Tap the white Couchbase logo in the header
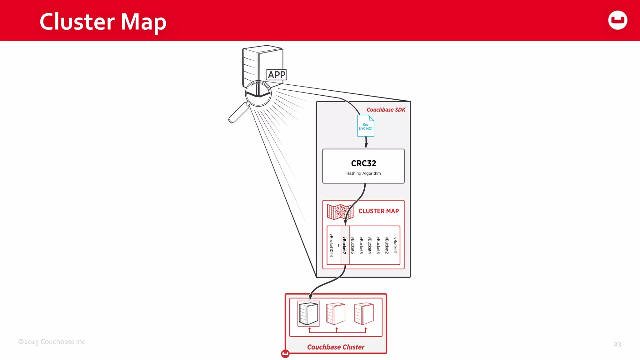617,20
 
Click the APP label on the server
276,75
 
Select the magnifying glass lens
258,93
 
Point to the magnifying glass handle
238,113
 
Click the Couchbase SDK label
386,110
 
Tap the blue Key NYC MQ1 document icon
366,126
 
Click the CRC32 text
363,163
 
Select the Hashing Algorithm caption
363,173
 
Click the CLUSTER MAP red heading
378,211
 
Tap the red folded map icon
340,212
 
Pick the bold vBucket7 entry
344,245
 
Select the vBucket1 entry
395,245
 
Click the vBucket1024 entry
332,245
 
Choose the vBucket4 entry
370,245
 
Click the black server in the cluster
308,313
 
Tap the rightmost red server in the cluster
364,313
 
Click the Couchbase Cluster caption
336,347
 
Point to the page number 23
617,344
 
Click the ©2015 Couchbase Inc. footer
52,342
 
